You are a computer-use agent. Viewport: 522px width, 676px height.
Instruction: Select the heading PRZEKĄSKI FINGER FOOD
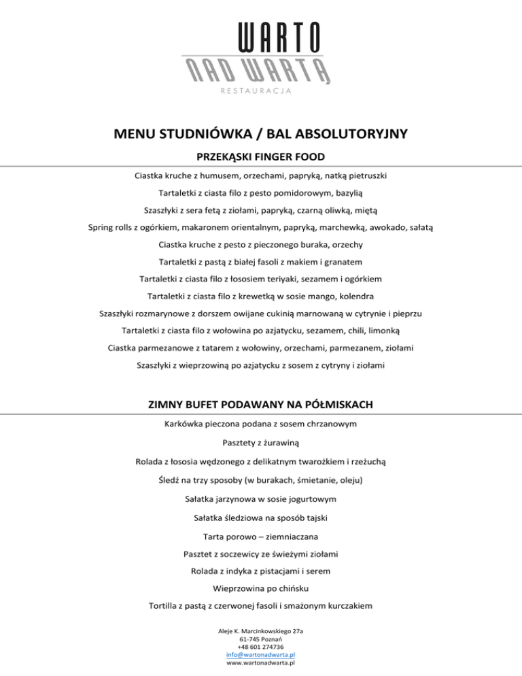(261, 157)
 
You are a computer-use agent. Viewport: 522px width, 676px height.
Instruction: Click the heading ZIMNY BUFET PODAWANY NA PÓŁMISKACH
(261, 405)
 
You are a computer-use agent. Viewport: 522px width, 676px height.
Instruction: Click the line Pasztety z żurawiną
(261, 443)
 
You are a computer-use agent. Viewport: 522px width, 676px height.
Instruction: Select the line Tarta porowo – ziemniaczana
(261, 537)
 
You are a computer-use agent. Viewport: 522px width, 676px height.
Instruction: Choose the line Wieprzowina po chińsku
(261, 588)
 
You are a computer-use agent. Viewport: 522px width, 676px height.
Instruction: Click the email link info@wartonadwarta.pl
(261, 654)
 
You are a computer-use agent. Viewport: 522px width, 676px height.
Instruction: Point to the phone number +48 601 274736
(261, 646)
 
